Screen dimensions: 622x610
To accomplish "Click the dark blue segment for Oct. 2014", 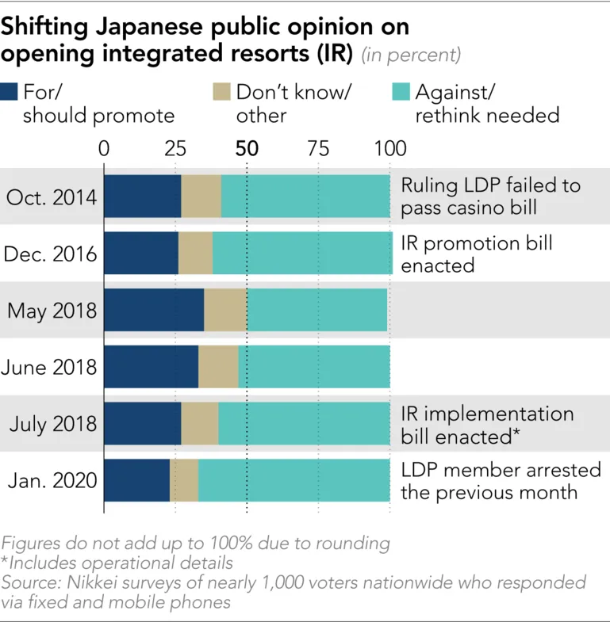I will (142, 197).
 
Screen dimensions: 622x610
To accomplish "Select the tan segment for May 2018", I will (225, 310).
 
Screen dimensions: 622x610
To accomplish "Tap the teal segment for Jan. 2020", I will (294, 480).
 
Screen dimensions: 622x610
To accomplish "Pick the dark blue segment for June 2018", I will (151, 367).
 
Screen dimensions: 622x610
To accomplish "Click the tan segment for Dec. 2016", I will (195, 254).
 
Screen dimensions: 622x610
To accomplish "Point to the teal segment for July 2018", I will (304, 424).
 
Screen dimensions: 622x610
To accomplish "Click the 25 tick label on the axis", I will (175, 149).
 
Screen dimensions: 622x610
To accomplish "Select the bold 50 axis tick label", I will (247, 149).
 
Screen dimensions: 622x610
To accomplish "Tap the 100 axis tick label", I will (389, 149).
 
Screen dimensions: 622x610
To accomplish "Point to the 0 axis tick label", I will (104, 149).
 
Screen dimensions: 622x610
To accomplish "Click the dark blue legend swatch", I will (9, 91).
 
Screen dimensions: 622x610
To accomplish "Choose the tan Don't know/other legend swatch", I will (221, 91).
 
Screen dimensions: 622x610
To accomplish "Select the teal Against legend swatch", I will (402, 91).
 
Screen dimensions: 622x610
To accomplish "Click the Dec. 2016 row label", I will (51, 254).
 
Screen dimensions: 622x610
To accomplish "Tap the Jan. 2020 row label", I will (52, 481).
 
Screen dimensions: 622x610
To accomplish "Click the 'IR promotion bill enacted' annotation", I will (477, 254).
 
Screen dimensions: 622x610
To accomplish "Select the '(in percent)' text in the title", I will (411, 55).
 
